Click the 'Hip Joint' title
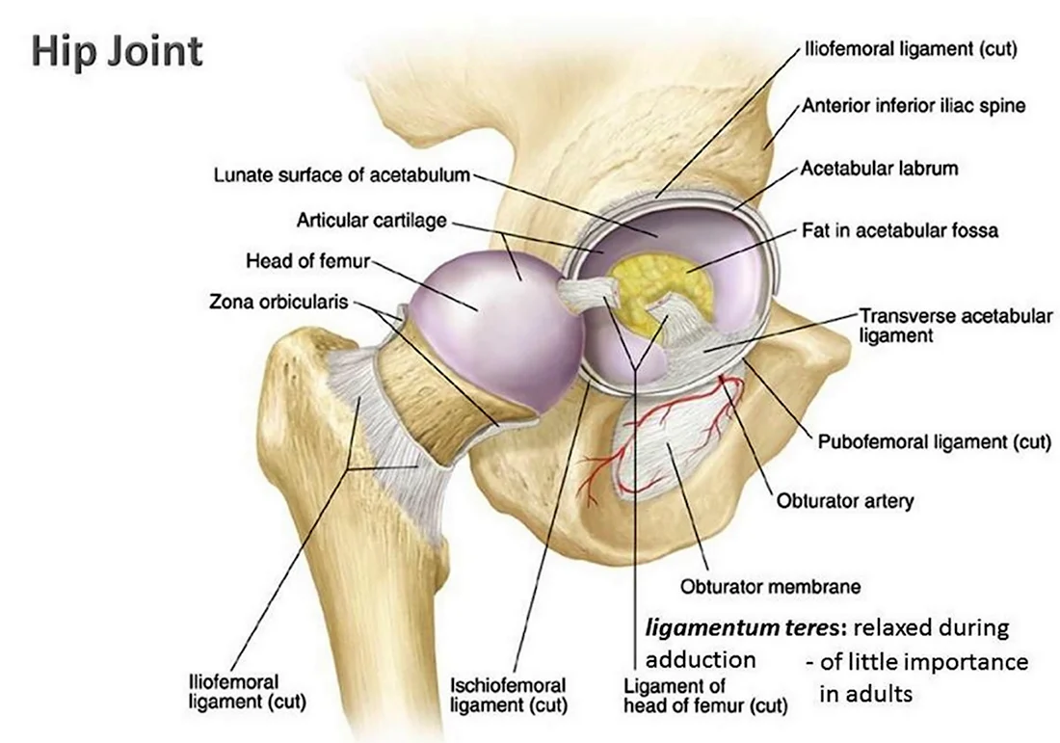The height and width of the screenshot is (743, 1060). coord(117,51)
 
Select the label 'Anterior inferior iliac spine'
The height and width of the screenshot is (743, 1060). coord(914,105)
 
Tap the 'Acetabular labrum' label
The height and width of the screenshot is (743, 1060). coord(879,168)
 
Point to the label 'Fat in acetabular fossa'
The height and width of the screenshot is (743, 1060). coord(900,230)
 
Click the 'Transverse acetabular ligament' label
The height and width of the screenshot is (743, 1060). coord(955,325)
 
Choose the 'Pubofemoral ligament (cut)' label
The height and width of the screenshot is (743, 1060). coord(935,441)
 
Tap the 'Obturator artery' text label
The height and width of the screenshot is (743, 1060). coord(844,501)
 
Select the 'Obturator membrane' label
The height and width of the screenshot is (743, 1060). coord(771,586)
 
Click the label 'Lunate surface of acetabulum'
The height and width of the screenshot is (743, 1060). coord(341,175)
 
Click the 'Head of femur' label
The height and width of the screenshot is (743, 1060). coord(307,260)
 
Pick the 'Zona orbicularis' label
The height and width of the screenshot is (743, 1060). coord(278,302)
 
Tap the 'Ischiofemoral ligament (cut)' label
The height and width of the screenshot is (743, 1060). coord(509,695)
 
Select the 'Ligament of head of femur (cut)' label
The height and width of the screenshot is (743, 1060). coord(705,696)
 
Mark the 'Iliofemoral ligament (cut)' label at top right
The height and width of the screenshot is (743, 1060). coord(911,49)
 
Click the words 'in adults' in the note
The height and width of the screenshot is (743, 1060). coord(866,693)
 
